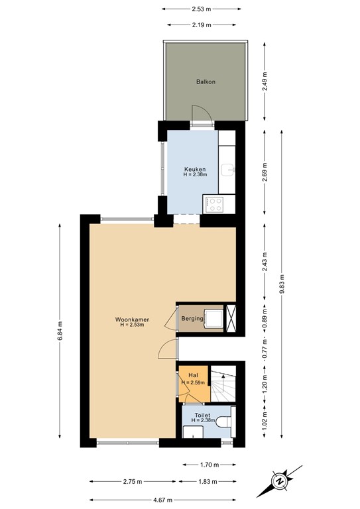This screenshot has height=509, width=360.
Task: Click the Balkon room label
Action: click(206, 82)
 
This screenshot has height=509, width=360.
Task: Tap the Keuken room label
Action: click(195, 169)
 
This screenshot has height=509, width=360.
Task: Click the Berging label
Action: click(192, 319)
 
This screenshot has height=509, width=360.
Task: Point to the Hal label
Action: click(194, 376)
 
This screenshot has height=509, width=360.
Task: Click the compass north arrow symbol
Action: click(280, 480)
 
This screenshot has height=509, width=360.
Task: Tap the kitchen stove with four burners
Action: click(215, 203)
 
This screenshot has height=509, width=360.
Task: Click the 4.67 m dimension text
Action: click(162, 499)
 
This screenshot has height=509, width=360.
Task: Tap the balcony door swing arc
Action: click(202, 114)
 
